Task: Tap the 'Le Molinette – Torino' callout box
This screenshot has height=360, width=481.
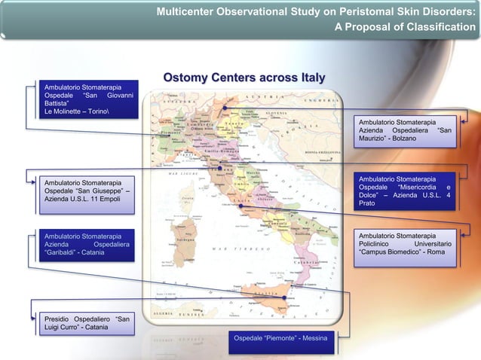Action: tap(88, 101)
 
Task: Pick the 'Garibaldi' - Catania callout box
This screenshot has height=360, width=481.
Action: tap(88, 245)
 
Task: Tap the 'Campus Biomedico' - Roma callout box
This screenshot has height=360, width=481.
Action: tap(407, 245)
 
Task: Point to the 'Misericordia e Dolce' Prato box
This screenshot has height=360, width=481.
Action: tap(407, 191)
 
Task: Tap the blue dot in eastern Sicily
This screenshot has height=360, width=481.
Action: tap(282, 297)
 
